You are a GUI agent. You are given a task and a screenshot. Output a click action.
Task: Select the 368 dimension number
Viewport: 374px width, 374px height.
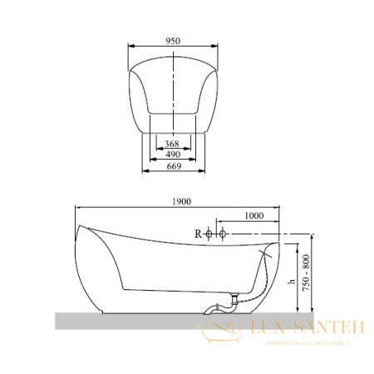coord(173,143)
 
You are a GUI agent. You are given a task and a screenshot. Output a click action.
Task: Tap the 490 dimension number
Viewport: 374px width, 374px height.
coord(173,154)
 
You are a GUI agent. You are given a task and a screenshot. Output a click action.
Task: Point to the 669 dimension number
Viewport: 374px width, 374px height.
coord(173,165)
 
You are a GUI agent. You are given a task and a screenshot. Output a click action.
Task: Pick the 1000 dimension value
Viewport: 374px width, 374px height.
coord(254,215)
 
